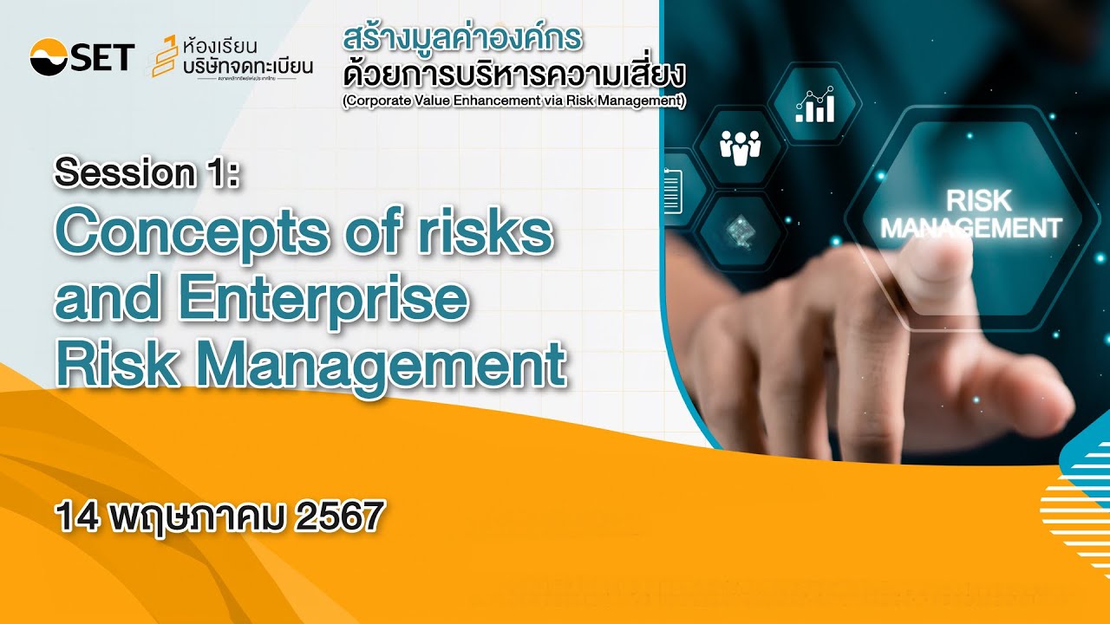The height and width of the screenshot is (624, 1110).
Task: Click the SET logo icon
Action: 50,57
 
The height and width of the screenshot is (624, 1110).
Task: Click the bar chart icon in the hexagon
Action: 814,104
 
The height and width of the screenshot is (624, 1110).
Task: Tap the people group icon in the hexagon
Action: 739,147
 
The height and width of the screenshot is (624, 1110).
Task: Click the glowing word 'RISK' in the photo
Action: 978,201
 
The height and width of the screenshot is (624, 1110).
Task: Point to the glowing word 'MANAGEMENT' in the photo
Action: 970,228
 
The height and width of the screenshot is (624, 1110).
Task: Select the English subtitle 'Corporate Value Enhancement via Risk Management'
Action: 513,101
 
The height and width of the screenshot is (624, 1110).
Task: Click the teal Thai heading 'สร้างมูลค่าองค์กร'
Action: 461,39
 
